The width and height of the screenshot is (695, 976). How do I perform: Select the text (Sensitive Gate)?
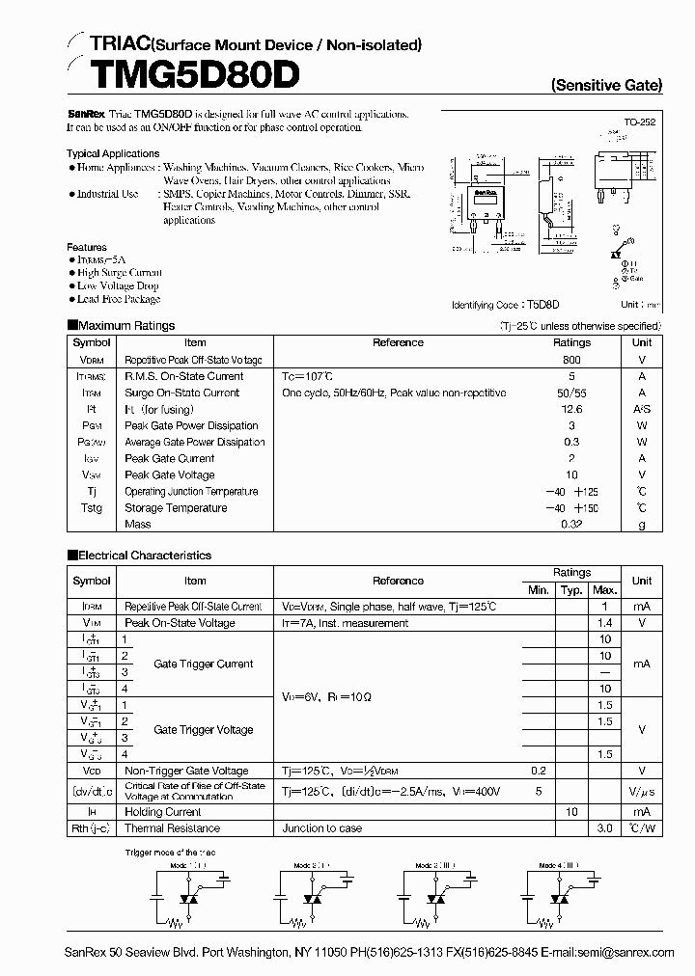pyautogui.click(x=606, y=85)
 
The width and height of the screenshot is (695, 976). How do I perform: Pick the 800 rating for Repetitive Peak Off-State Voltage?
pyautogui.click(x=571, y=359)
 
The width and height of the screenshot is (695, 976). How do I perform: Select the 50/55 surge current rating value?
pyautogui.click(x=571, y=393)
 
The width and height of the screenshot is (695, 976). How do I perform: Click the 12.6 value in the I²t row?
pyautogui.click(x=571, y=410)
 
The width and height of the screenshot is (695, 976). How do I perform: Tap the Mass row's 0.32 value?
pyautogui.click(x=571, y=525)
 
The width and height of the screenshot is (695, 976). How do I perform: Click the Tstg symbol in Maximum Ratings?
pyautogui.click(x=92, y=508)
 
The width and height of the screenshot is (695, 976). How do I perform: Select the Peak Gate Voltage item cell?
pyautogui.click(x=170, y=475)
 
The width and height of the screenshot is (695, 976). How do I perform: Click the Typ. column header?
pyautogui.click(x=571, y=589)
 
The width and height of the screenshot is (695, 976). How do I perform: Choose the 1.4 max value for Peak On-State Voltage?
pyautogui.click(x=605, y=623)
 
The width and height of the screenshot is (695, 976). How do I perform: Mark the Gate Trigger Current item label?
pyautogui.click(x=204, y=664)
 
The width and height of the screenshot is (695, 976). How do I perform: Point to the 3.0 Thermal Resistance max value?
pyautogui.click(x=605, y=828)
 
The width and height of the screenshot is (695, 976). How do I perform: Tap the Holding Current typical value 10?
pyautogui.click(x=571, y=812)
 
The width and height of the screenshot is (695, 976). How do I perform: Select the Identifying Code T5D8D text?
pyautogui.click(x=505, y=305)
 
